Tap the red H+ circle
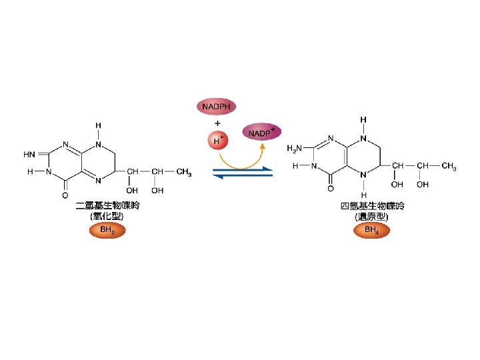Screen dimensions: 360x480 [x=217, y=141]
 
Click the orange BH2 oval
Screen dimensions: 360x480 [x=107, y=231]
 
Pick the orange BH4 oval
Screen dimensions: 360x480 [x=371, y=231]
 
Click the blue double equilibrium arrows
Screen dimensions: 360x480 [x=243, y=173]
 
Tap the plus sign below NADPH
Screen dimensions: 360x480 [x=217, y=123]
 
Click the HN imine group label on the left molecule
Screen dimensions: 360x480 [x=30, y=155]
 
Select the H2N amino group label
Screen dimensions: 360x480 [x=295, y=148]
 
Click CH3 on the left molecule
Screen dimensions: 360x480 [x=184, y=173]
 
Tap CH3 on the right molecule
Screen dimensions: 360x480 [x=449, y=166]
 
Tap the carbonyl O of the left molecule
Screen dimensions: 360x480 [x=65, y=196]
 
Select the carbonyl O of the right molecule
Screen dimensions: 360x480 [x=330, y=189]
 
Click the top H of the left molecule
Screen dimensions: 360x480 [x=98, y=125]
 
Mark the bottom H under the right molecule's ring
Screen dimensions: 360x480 [x=363, y=195]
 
